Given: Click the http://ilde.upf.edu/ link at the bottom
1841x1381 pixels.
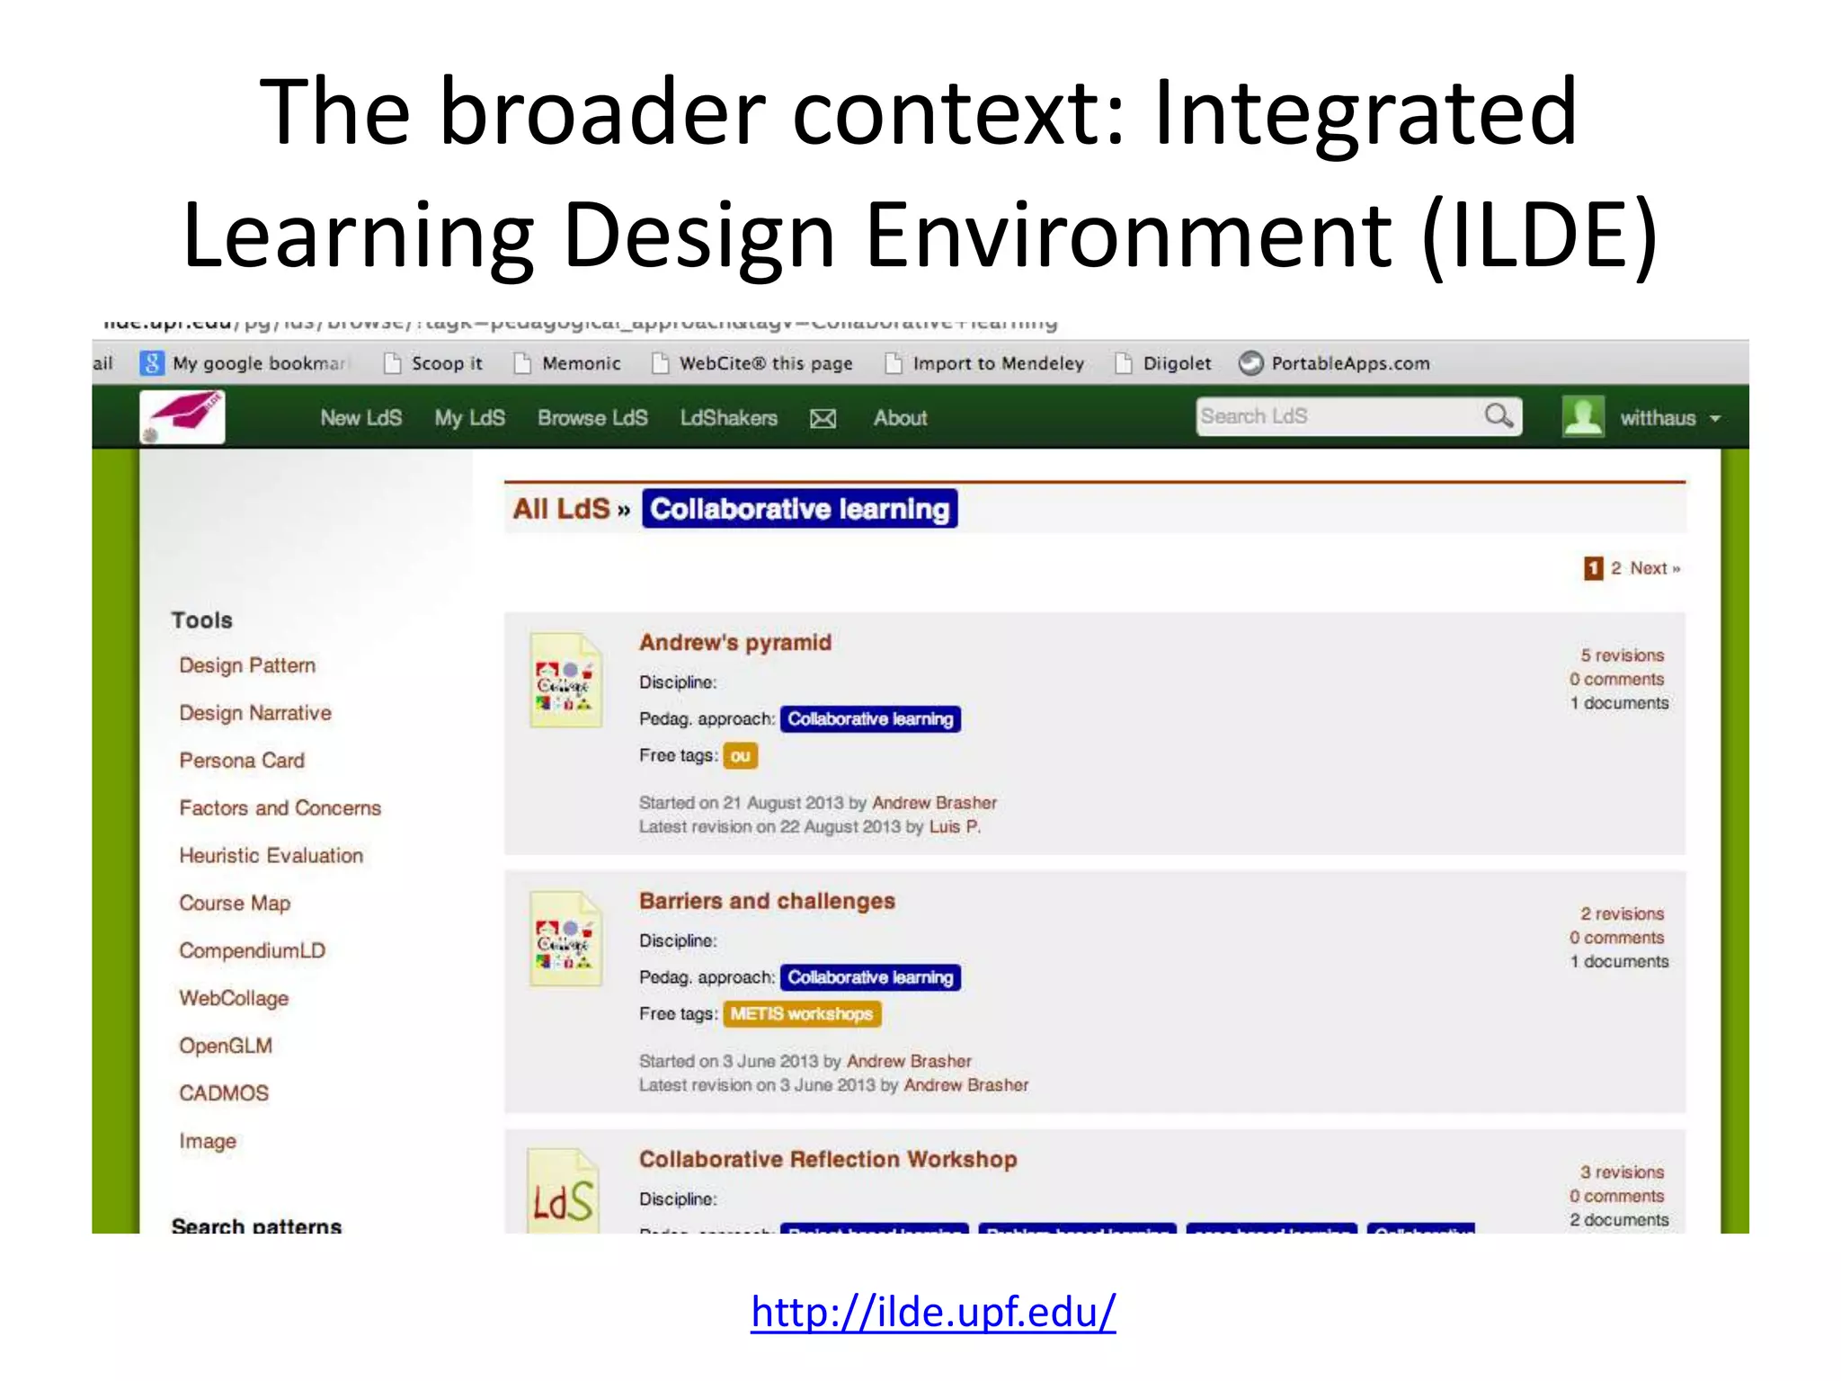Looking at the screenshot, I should coord(933,1312).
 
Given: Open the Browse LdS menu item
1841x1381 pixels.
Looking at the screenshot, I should coord(592,418).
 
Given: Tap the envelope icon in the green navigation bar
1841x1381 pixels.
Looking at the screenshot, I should coord(823,419).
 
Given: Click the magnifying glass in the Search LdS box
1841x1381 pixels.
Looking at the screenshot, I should coord(1498,416).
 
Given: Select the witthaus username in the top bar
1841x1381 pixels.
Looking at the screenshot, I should coord(1658,418).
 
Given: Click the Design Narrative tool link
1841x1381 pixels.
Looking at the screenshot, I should coord(255,713).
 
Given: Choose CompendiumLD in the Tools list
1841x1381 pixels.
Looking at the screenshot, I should coord(252,950).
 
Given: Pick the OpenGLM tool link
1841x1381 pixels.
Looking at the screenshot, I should coord(226,1046).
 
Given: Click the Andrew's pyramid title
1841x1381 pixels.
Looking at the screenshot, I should coord(735,642).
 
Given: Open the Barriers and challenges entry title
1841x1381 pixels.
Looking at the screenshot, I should coord(767,901).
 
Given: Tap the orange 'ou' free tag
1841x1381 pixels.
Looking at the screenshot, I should coord(740,756).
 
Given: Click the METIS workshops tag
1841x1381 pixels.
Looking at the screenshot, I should coord(801,1014).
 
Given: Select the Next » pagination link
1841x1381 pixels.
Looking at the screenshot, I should coord(1655,568).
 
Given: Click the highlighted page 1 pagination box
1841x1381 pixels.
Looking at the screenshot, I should coord(1593,568).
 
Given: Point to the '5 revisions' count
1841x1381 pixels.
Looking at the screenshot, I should coord(1622,655).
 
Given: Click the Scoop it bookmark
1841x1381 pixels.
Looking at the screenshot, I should coord(446,363).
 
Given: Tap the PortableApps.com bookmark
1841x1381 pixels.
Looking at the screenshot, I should coord(1349,363).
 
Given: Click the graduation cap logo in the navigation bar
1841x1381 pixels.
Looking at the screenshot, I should coord(183,416).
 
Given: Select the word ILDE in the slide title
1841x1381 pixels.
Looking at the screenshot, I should coord(1541,236).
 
